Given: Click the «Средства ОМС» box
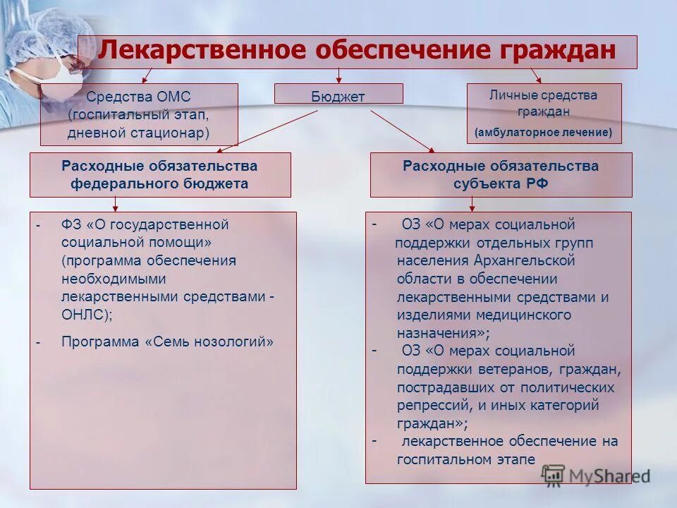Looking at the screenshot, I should point(139,114).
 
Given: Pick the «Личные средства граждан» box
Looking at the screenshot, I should point(544,113).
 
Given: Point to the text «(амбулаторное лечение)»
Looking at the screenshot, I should point(544,132).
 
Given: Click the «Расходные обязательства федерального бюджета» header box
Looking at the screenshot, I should point(159,175).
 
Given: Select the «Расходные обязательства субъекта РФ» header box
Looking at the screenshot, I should point(501,175).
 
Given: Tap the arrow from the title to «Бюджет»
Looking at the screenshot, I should point(338,75).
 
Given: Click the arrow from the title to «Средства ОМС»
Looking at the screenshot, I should point(147,75).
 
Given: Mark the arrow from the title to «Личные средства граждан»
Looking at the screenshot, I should point(535,75).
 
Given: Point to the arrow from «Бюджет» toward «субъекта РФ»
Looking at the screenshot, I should point(402,131).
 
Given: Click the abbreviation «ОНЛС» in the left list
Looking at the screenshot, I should point(85,315).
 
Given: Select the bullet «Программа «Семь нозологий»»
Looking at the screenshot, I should point(167,342).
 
